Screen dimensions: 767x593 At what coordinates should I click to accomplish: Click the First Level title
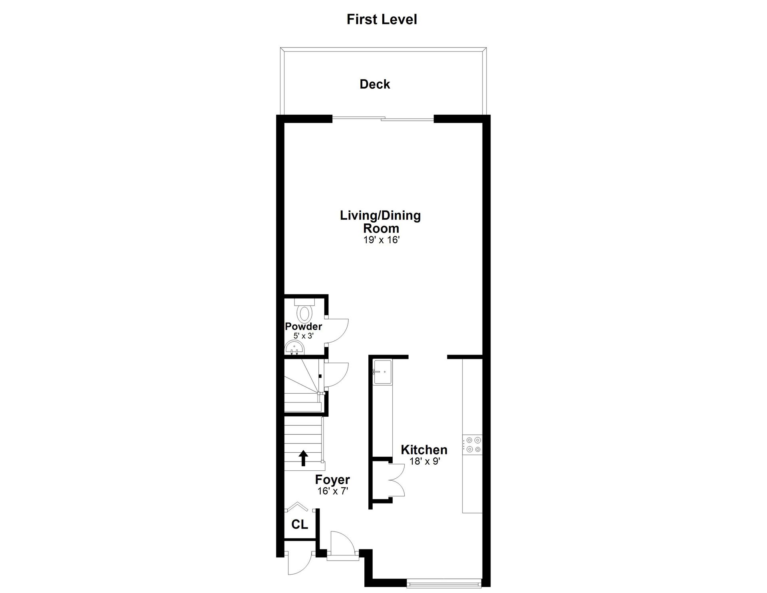click(382, 19)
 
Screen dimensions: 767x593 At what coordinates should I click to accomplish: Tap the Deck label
click(375, 84)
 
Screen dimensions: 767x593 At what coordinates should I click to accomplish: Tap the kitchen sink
click(383, 372)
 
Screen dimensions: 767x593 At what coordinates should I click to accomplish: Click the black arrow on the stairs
click(303, 458)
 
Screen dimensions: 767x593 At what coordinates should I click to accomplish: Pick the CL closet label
click(300, 524)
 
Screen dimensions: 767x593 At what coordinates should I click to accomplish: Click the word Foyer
click(332, 480)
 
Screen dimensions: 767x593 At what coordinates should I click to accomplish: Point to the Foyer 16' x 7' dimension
click(333, 491)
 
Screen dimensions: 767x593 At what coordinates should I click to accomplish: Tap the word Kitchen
click(424, 450)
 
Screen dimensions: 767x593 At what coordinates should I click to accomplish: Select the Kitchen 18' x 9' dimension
click(424, 461)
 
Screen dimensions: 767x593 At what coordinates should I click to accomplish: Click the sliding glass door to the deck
click(383, 118)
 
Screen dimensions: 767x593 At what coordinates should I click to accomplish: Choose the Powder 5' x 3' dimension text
click(304, 336)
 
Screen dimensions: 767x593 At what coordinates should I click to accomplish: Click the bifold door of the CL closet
click(296, 507)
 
